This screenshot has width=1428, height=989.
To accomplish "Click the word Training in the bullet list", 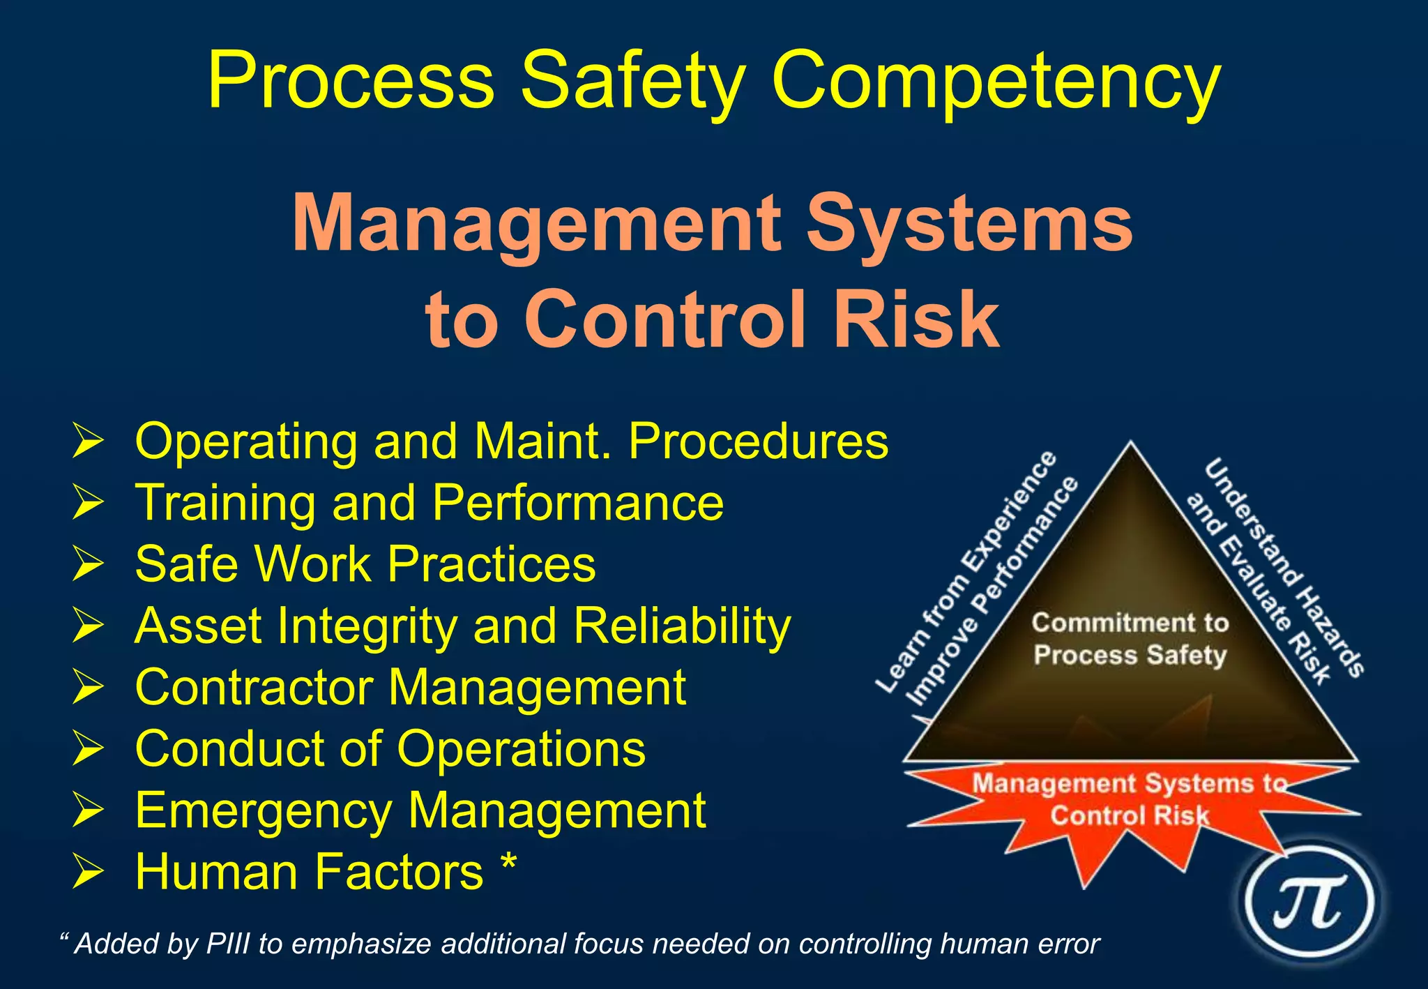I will (x=226, y=503).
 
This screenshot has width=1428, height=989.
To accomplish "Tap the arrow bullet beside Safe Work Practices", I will (x=88, y=564).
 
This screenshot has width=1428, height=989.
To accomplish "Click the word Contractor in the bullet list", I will (x=255, y=687).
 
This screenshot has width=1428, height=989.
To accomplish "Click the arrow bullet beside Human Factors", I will (x=88, y=872).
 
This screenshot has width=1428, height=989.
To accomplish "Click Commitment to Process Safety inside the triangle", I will (x=1130, y=638).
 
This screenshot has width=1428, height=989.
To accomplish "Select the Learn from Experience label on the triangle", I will (x=969, y=572).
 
